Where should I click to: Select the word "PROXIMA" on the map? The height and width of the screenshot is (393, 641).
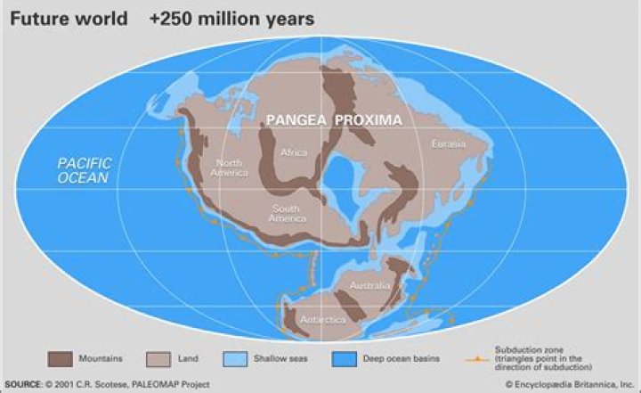click(x=368, y=119)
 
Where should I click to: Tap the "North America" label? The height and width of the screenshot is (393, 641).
click(x=228, y=168)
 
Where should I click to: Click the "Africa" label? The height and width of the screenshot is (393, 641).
click(x=294, y=152)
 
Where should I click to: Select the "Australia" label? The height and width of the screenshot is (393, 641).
click(x=370, y=285)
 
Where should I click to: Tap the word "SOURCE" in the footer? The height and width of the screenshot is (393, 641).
click(x=22, y=385)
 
